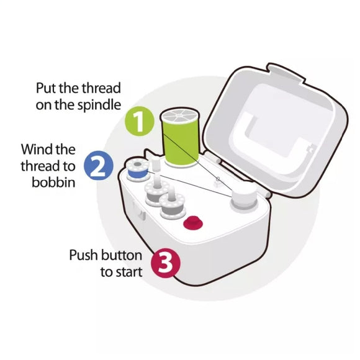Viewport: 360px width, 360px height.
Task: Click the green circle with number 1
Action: tap(140, 121)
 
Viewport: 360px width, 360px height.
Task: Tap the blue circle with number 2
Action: tap(99, 166)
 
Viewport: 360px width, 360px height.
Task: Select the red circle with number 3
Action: tap(166, 263)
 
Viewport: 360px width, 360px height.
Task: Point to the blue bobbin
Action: tap(137, 171)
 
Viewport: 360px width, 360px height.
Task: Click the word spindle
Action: tap(99, 106)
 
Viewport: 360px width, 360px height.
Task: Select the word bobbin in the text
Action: tap(53, 182)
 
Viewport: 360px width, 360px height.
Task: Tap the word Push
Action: tap(83, 255)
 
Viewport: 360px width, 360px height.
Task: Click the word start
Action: tap(129, 272)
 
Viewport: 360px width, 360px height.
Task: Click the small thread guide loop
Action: tap(217, 180)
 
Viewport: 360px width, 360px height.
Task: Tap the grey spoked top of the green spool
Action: tap(180, 117)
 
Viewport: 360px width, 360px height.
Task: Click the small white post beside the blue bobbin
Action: tap(156, 164)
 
